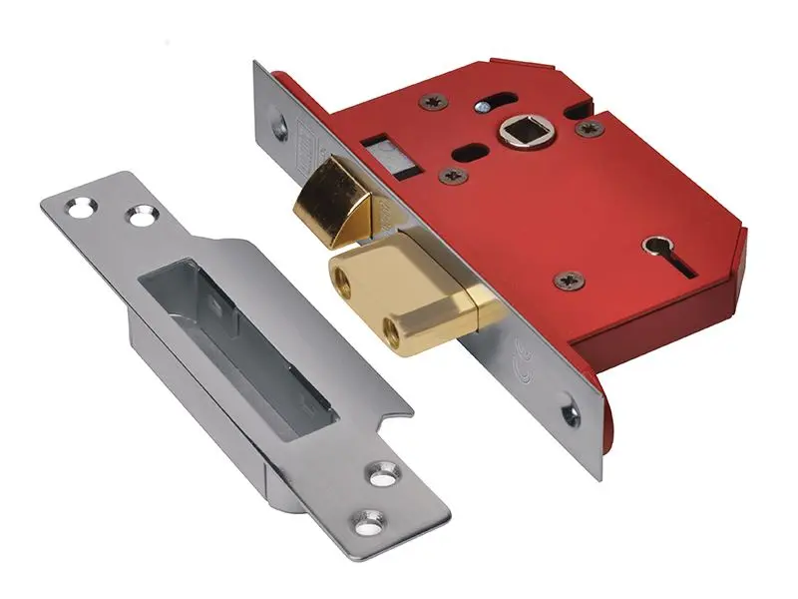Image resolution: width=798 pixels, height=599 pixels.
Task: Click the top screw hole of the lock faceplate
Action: tap(278, 127)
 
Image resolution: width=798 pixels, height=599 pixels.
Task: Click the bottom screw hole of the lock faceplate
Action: tap(570, 409)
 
